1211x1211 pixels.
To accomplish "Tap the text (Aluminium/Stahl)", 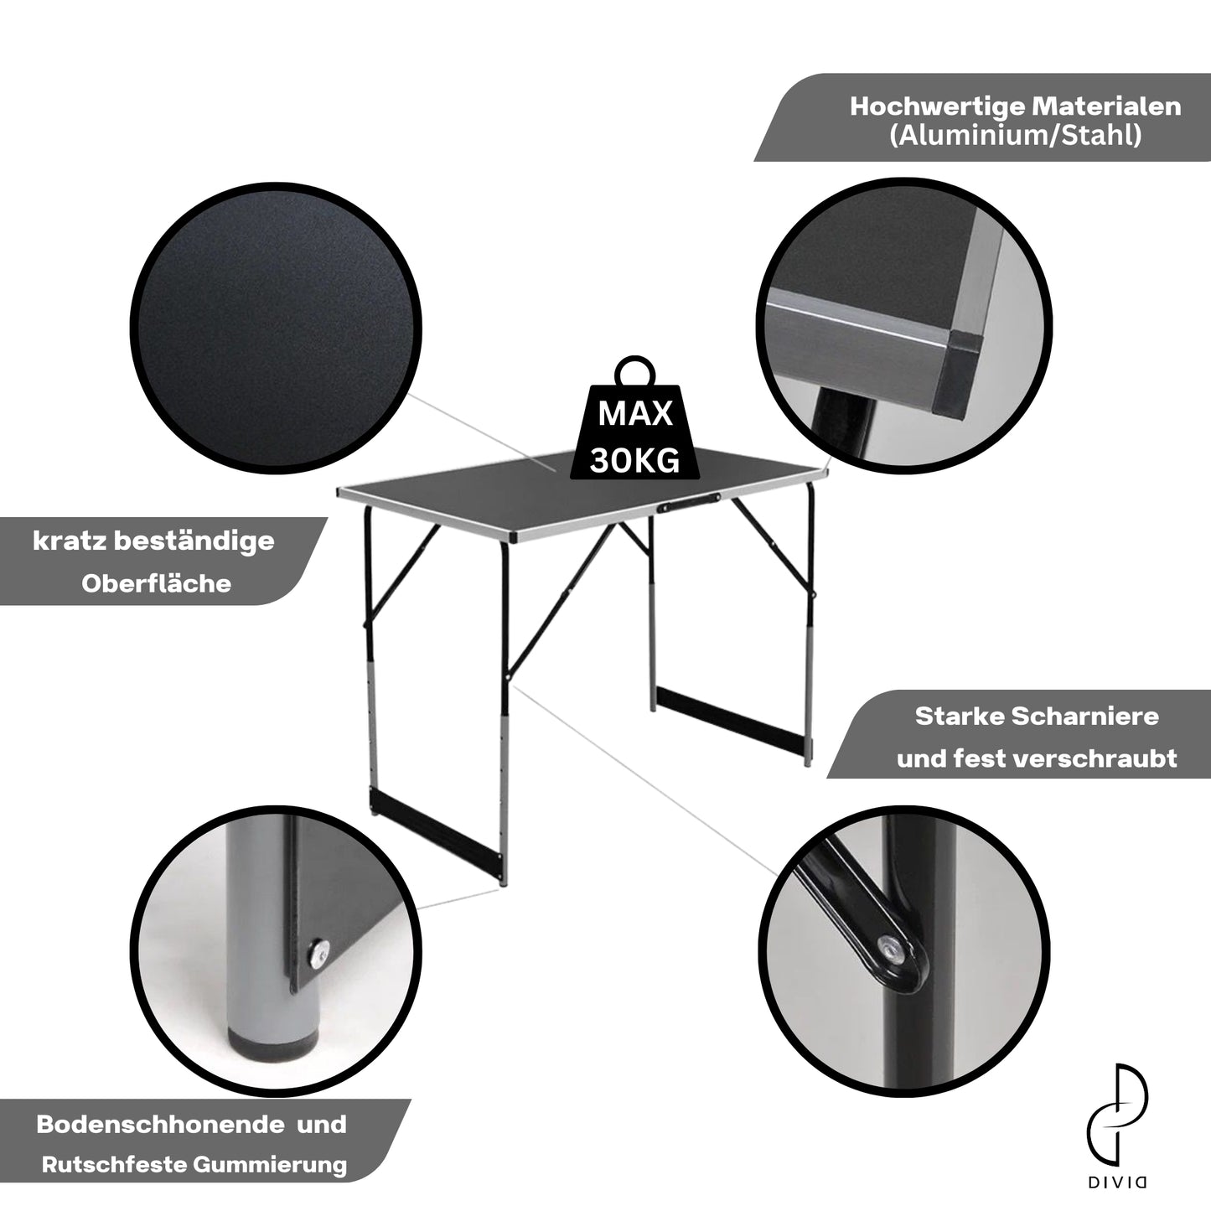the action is pyautogui.click(x=1016, y=136).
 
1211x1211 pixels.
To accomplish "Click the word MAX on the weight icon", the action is pyautogui.click(x=635, y=413).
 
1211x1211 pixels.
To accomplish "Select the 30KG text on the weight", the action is pyautogui.click(x=634, y=461).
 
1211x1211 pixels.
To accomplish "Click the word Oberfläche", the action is pyautogui.click(x=156, y=584).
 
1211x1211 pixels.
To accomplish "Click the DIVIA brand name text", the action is pyautogui.click(x=1117, y=1183).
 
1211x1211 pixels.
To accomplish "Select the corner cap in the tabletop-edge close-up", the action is pyautogui.click(x=956, y=374).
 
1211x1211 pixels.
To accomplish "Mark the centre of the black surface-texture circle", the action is pyautogui.click(x=275, y=328).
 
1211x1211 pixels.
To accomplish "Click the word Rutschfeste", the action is pyautogui.click(x=114, y=1165).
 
